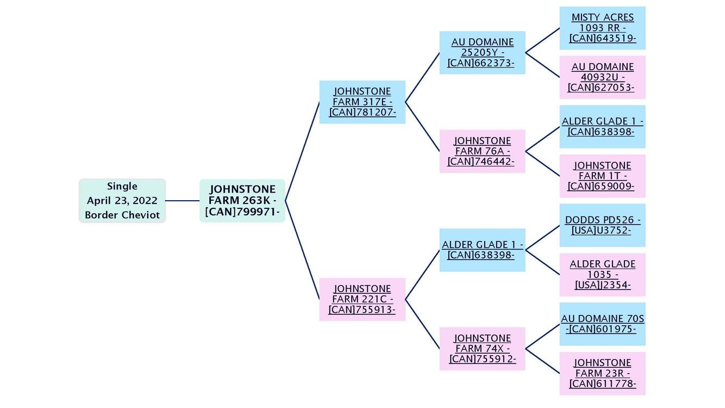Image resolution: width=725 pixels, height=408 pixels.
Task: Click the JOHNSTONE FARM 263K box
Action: pyautogui.click(x=242, y=201)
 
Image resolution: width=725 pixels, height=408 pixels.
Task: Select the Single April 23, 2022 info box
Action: pyautogui.click(x=122, y=201)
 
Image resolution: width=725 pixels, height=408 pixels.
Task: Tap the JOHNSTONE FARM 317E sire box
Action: pyautogui.click(x=362, y=102)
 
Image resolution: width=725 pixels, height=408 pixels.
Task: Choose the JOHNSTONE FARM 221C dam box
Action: pyautogui.click(x=362, y=299)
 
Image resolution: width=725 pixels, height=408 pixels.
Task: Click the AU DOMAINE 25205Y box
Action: pyautogui.click(x=482, y=53)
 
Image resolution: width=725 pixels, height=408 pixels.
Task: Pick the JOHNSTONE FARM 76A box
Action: pyautogui.click(x=482, y=151)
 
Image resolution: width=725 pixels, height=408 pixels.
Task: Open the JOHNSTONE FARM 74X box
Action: pyautogui.click(x=482, y=349)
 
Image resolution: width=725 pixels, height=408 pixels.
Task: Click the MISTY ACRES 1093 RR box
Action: pyautogui.click(x=602, y=28)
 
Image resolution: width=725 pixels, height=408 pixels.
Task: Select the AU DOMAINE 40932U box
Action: pyautogui.click(x=602, y=77)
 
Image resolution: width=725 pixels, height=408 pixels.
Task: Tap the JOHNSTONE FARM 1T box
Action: pyautogui.click(x=602, y=176)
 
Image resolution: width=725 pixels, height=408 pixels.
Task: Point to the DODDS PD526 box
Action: pyautogui.click(x=602, y=225)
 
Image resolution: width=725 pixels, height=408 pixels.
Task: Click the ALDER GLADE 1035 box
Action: pyautogui.click(x=602, y=275)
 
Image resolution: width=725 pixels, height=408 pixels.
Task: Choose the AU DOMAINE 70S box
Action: pyautogui.click(x=602, y=324)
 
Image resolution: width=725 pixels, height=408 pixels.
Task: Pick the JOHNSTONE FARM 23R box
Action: pyautogui.click(x=602, y=373)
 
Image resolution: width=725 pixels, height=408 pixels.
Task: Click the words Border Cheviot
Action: pyautogui.click(x=122, y=215)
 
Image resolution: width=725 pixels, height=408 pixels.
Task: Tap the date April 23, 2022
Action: pyautogui.click(x=122, y=201)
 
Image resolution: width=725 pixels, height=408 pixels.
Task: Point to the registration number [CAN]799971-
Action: pyautogui.click(x=242, y=212)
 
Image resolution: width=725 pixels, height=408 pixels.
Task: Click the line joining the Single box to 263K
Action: pyautogui.click(x=183, y=201)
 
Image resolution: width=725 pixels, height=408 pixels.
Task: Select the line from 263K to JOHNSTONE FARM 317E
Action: pyautogui.click(x=302, y=151)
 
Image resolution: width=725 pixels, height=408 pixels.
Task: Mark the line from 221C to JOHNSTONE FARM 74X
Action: pyautogui.click(x=422, y=324)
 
